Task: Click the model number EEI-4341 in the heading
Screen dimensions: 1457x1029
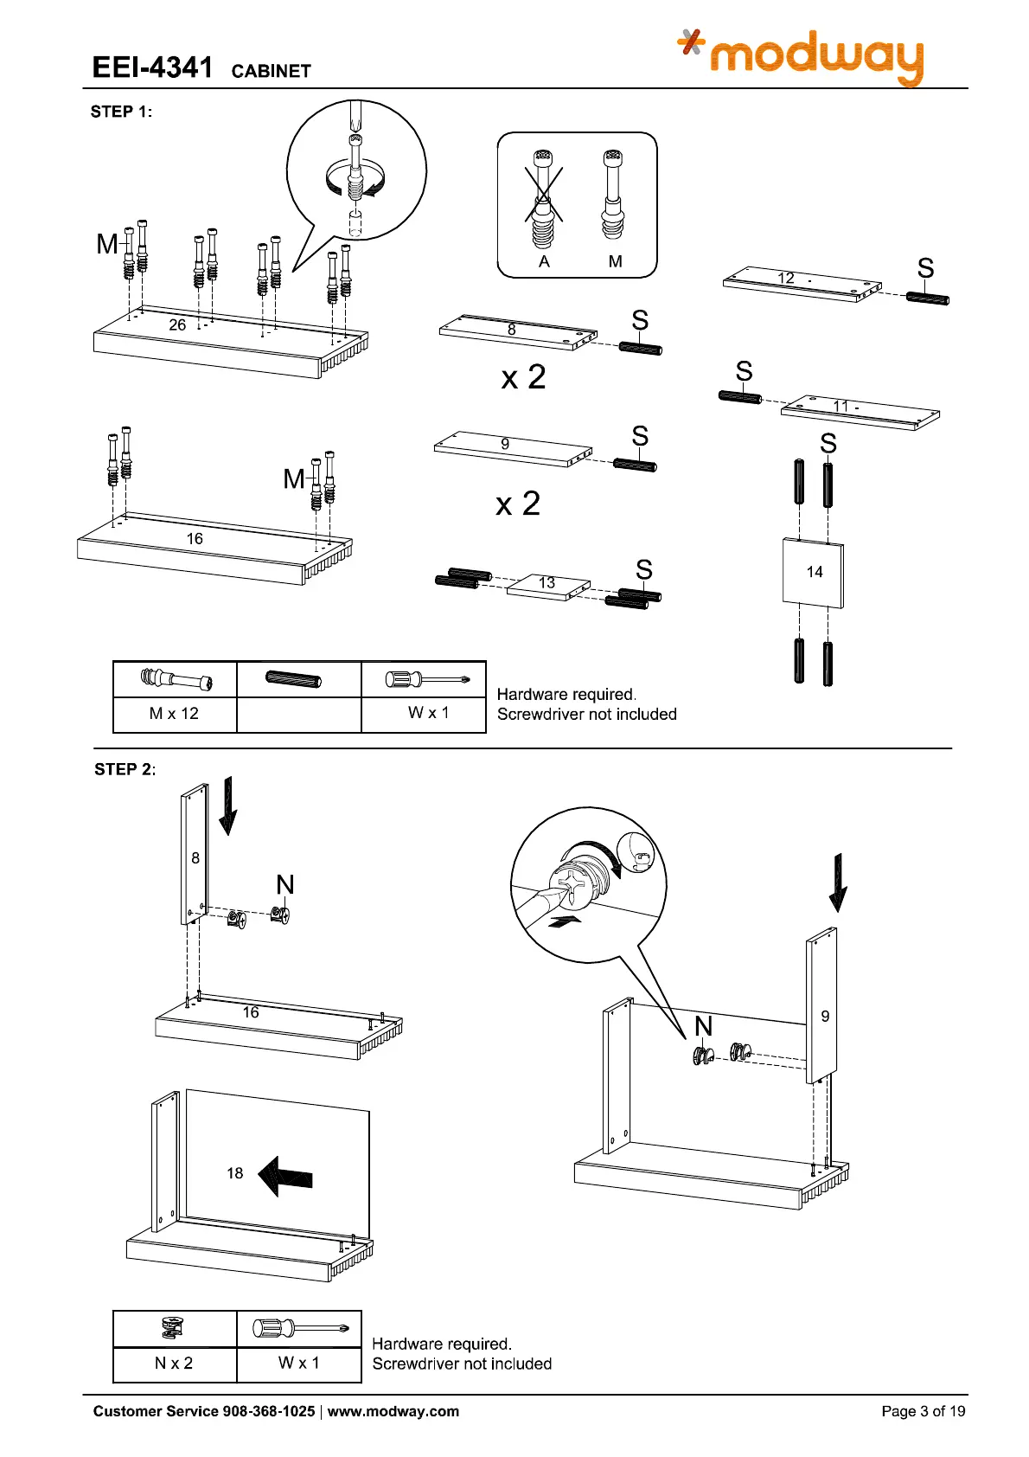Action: [x=152, y=67]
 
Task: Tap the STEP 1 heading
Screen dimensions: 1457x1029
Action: [x=121, y=112]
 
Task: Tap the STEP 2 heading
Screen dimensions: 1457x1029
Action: [x=125, y=769]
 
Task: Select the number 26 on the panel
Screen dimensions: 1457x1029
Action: [x=177, y=324]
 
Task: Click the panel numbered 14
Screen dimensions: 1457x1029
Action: [x=813, y=573]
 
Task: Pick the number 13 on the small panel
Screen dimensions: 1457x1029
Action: [x=546, y=583]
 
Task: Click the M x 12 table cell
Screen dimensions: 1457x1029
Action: [x=174, y=714]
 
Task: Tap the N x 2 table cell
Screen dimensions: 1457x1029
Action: [x=174, y=1364]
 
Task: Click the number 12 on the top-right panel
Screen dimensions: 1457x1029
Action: [x=786, y=278]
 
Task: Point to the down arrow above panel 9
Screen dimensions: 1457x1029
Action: [x=837, y=883]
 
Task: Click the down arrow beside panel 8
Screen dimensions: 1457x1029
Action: [x=228, y=806]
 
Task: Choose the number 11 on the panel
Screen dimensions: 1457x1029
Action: [x=840, y=406]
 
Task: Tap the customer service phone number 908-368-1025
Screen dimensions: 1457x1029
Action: [x=269, y=1411]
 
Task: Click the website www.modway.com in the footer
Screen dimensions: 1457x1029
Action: [x=393, y=1411]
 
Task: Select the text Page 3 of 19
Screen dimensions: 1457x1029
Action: [x=923, y=1411]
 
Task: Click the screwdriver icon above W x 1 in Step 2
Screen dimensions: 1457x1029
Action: [x=299, y=1328]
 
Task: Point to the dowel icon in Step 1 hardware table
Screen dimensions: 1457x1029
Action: [x=293, y=679]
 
